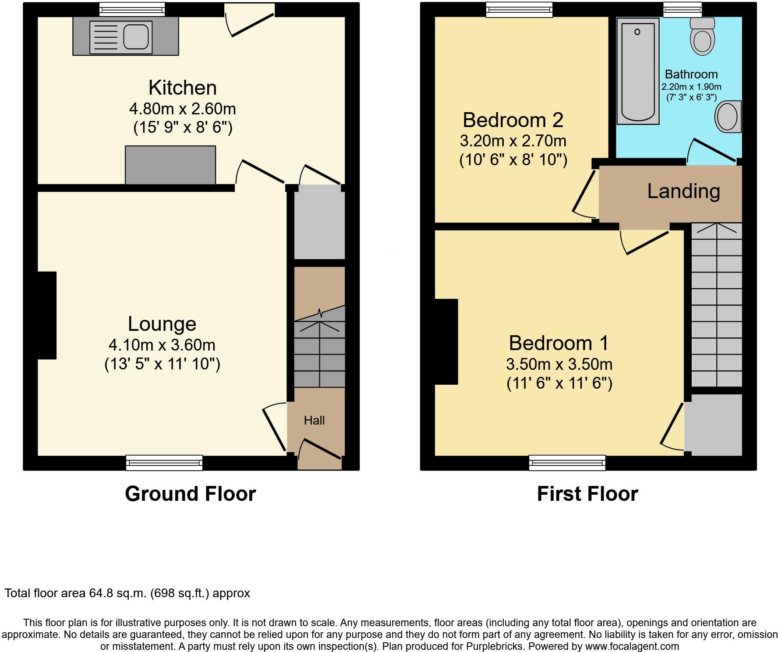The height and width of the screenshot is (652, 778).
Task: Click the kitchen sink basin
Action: click(135, 36)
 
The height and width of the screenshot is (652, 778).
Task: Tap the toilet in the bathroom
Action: click(702, 38)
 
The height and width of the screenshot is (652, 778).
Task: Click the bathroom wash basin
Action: click(728, 117)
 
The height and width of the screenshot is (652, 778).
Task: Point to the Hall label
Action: click(314, 421)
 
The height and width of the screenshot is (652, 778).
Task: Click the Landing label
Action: click(683, 191)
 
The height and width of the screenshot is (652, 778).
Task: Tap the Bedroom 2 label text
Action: click(513, 120)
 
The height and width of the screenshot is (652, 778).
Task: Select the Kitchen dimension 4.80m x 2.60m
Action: click(182, 108)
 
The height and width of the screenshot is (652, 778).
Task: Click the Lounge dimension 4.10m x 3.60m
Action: click(162, 345)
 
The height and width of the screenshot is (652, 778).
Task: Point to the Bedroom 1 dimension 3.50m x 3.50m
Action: click(559, 364)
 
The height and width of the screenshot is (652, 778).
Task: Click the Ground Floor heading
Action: click(190, 494)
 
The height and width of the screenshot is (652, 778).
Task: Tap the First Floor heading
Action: click(587, 494)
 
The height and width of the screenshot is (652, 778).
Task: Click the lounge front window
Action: click(164, 462)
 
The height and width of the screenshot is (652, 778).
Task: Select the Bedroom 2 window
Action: click(519, 10)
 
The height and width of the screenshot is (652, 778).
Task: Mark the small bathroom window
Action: click(682, 10)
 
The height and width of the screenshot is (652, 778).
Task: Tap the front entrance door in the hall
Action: click(319, 456)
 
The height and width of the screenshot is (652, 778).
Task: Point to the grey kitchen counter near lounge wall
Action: click(170, 165)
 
